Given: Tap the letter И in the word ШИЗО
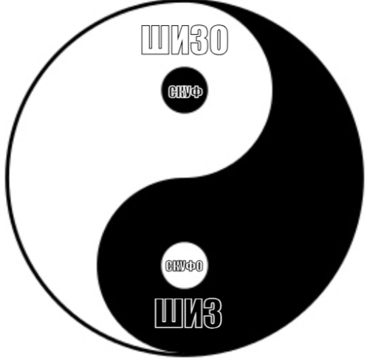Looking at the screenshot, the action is [x=174, y=41].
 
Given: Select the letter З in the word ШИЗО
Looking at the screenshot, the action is [x=195, y=41].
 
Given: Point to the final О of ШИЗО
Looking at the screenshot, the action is [x=217, y=41].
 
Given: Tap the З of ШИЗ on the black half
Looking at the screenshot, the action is [x=211, y=314].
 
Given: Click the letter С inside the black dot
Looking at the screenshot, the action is [x=173, y=92].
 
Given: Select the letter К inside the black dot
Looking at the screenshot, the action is [x=181, y=92].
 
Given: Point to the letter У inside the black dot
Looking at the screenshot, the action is [x=188, y=92].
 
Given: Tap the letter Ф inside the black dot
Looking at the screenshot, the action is [x=197, y=92].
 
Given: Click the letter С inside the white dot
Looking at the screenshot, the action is [x=169, y=266].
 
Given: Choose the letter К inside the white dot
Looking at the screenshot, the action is [x=177, y=266].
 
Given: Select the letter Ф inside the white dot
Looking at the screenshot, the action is [x=192, y=266].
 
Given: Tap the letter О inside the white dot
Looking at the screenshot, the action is [x=199, y=266].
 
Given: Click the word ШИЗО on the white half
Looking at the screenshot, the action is [x=185, y=41].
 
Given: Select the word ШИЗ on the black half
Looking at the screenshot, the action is [x=188, y=314].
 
